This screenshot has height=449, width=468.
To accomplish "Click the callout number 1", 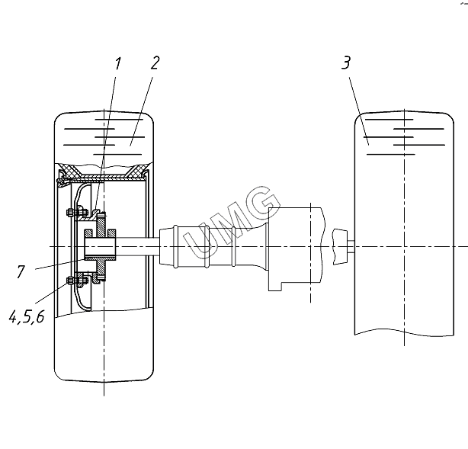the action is [x=118, y=63].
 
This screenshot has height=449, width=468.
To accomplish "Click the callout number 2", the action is [x=155, y=63].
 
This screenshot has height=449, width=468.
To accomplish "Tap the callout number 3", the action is [x=346, y=63].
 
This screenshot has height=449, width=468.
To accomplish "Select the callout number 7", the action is [x=21, y=271].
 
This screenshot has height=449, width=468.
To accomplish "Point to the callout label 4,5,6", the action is [x=27, y=316].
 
